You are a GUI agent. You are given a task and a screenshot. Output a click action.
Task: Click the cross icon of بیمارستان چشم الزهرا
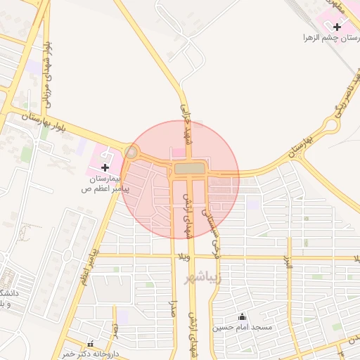coord(338,26)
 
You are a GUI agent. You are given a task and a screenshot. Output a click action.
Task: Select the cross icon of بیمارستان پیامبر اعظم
coord(105,167)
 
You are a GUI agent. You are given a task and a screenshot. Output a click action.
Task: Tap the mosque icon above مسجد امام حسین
coord(243,317)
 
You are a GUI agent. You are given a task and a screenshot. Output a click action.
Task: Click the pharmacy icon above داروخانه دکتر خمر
coord(90,343)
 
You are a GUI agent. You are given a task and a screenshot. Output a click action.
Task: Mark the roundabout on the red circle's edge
coord(131,152)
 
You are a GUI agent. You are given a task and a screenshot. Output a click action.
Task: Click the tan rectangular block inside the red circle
coord(189,169)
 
